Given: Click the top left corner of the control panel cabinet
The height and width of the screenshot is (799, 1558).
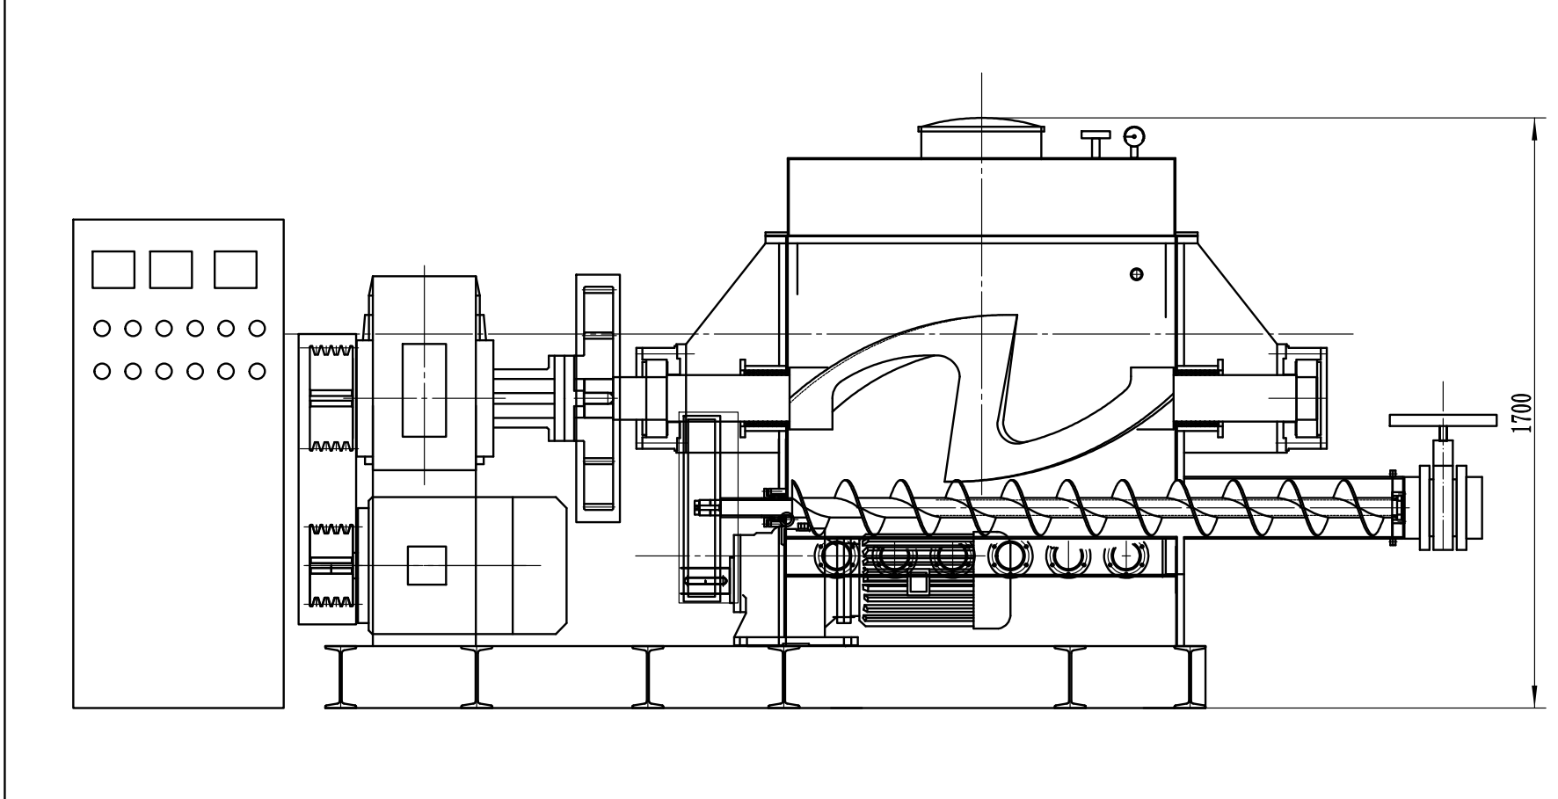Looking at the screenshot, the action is pyautogui.click(x=73, y=220).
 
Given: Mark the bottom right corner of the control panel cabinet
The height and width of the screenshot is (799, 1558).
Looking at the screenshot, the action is pyautogui.click(x=284, y=708).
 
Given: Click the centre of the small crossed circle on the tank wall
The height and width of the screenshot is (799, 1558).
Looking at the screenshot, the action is pyautogui.click(x=1137, y=275).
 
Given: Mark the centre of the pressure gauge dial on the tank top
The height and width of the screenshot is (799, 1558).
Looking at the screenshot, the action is pyautogui.click(x=1133, y=136).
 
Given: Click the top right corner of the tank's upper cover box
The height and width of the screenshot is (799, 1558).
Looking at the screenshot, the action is pyautogui.click(x=1175, y=158).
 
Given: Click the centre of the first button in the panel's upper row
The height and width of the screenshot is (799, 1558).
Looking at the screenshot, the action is pyautogui.click(x=102, y=328).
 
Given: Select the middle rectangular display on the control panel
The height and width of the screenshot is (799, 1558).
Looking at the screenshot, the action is pyautogui.click(x=171, y=270).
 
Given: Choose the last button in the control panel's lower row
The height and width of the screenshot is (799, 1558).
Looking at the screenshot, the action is pyautogui.click(x=257, y=370).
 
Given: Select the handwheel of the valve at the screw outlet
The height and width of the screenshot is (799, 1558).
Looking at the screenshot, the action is pyautogui.click(x=1443, y=419).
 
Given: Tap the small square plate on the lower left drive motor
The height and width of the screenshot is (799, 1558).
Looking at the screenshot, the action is pyautogui.click(x=427, y=565).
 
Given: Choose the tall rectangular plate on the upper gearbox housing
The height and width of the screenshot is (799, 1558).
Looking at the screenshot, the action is pyautogui.click(x=424, y=389).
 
